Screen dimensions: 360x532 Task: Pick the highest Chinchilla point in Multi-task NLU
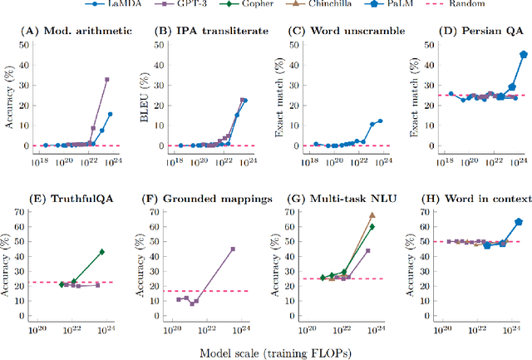coord(372,215)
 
